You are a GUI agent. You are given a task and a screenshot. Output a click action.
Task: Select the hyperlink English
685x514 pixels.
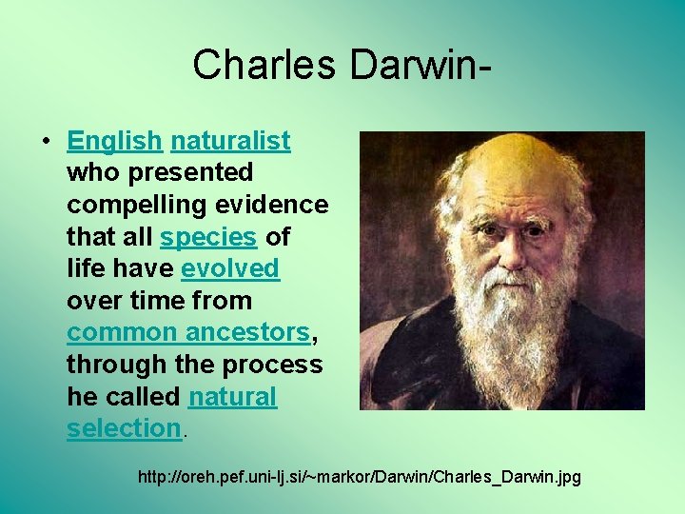click(114, 141)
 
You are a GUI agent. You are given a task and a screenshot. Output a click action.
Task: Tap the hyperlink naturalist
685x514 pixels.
click(230, 141)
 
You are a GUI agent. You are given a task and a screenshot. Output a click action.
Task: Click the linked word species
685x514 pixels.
click(208, 236)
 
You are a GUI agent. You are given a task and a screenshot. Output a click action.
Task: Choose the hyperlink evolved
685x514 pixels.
click(230, 268)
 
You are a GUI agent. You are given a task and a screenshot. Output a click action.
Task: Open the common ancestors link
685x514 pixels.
click(188, 332)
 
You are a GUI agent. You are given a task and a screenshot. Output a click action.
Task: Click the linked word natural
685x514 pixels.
click(232, 396)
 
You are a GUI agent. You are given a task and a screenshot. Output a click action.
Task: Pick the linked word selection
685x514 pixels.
click(124, 428)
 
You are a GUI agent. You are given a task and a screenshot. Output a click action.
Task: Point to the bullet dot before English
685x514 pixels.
click(46, 142)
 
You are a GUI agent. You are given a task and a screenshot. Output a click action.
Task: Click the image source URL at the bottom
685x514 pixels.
click(359, 475)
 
